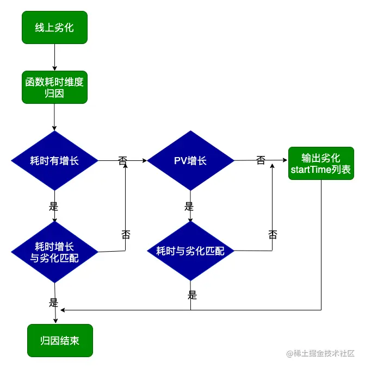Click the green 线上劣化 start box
54,28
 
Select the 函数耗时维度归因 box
54,88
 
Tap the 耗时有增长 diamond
54,161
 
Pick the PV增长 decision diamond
190,161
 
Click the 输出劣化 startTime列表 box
321,164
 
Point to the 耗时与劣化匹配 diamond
190,251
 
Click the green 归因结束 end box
60,341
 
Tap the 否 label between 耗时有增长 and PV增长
122,161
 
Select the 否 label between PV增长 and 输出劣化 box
261,160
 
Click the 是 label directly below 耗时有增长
53,207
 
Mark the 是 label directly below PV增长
189,207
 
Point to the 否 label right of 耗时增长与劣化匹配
126,234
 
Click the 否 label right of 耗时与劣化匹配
273,234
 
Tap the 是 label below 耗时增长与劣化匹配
53,302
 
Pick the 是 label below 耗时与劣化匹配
192,295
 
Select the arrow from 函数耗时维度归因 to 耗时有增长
54,117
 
